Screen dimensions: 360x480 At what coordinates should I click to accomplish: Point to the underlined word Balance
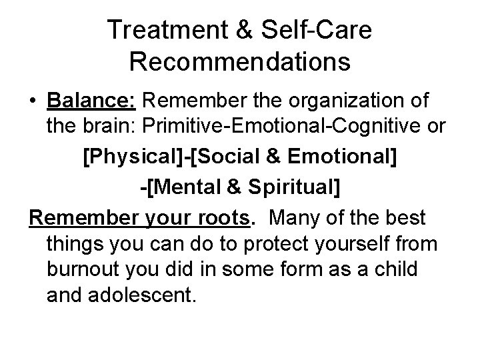tap(92, 101)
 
